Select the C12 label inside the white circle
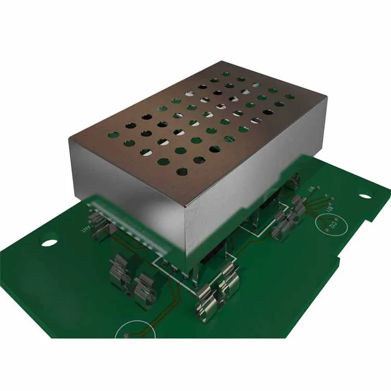pos(332,225)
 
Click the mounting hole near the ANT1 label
pos(48,242)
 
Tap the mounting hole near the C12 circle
pos(365,196)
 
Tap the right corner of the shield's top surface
pos(327,96)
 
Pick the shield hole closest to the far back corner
pos(227,74)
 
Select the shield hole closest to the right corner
pos(290,96)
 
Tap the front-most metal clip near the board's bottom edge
pos(206,308)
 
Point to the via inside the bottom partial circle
pos(127,335)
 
